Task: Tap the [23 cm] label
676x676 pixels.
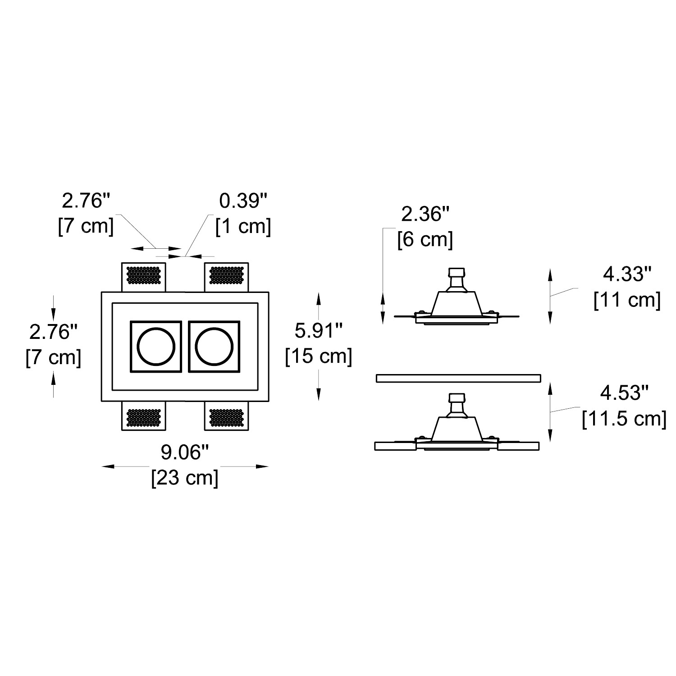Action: coord(185,478)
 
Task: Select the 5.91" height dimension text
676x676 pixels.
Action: coord(319,331)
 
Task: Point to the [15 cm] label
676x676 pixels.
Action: coord(319,357)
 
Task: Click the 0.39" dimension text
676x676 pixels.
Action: coord(243,201)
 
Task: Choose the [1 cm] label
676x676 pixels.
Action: coord(243,226)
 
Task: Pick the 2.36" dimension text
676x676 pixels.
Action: coord(426,214)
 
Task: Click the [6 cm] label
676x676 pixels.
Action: coord(425,239)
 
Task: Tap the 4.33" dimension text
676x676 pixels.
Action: coord(628,274)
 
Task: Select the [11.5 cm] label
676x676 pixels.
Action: coord(624,419)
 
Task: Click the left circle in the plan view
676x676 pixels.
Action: coord(155,346)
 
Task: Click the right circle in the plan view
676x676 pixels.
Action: coord(214,346)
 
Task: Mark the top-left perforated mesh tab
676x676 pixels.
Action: coord(144,276)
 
